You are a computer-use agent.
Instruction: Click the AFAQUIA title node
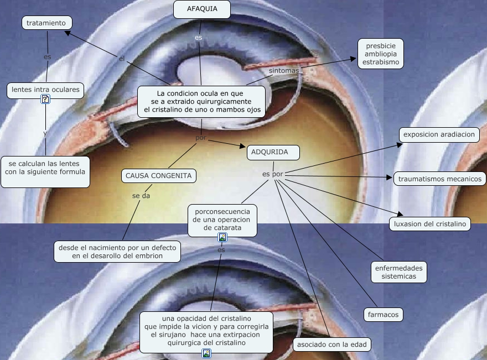(x=201, y=9)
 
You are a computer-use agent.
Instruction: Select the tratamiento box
(x=49, y=23)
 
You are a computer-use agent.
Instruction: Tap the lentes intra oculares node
(x=46, y=89)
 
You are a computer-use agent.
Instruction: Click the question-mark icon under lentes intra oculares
(x=45, y=100)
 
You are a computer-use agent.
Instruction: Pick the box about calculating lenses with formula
(x=45, y=168)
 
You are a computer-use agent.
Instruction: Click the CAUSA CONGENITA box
(x=159, y=176)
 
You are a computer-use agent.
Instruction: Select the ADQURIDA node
(x=273, y=152)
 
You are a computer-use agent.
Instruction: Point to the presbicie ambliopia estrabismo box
(x=381, y=54)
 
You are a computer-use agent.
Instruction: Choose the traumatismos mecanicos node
(x=440, y=179)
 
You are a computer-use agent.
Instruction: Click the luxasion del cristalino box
(x=430, y=224)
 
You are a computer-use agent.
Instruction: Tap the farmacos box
(x=383, y=315)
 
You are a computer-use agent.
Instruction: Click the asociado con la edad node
(x=331, y=345)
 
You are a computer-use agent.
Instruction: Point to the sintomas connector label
(x=284, y=71)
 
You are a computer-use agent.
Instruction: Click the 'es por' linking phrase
(x=273, y=174)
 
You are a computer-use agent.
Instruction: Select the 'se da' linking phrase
(x=141, y=195)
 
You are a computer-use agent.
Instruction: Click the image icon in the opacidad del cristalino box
(x=206, y=353)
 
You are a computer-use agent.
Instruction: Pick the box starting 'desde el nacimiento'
(x=117, y=252)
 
